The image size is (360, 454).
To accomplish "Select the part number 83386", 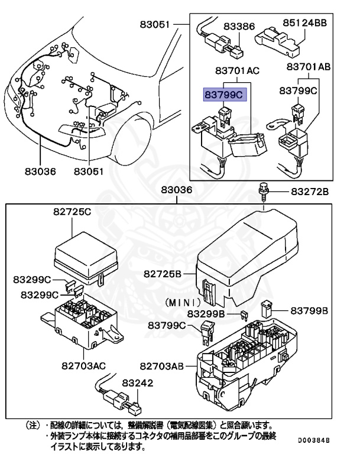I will pos(239,27).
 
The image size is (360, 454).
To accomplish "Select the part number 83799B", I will pos(309,310).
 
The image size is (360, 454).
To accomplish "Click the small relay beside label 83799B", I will pos(267,308).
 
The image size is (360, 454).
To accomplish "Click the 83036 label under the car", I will pos(40,172).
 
